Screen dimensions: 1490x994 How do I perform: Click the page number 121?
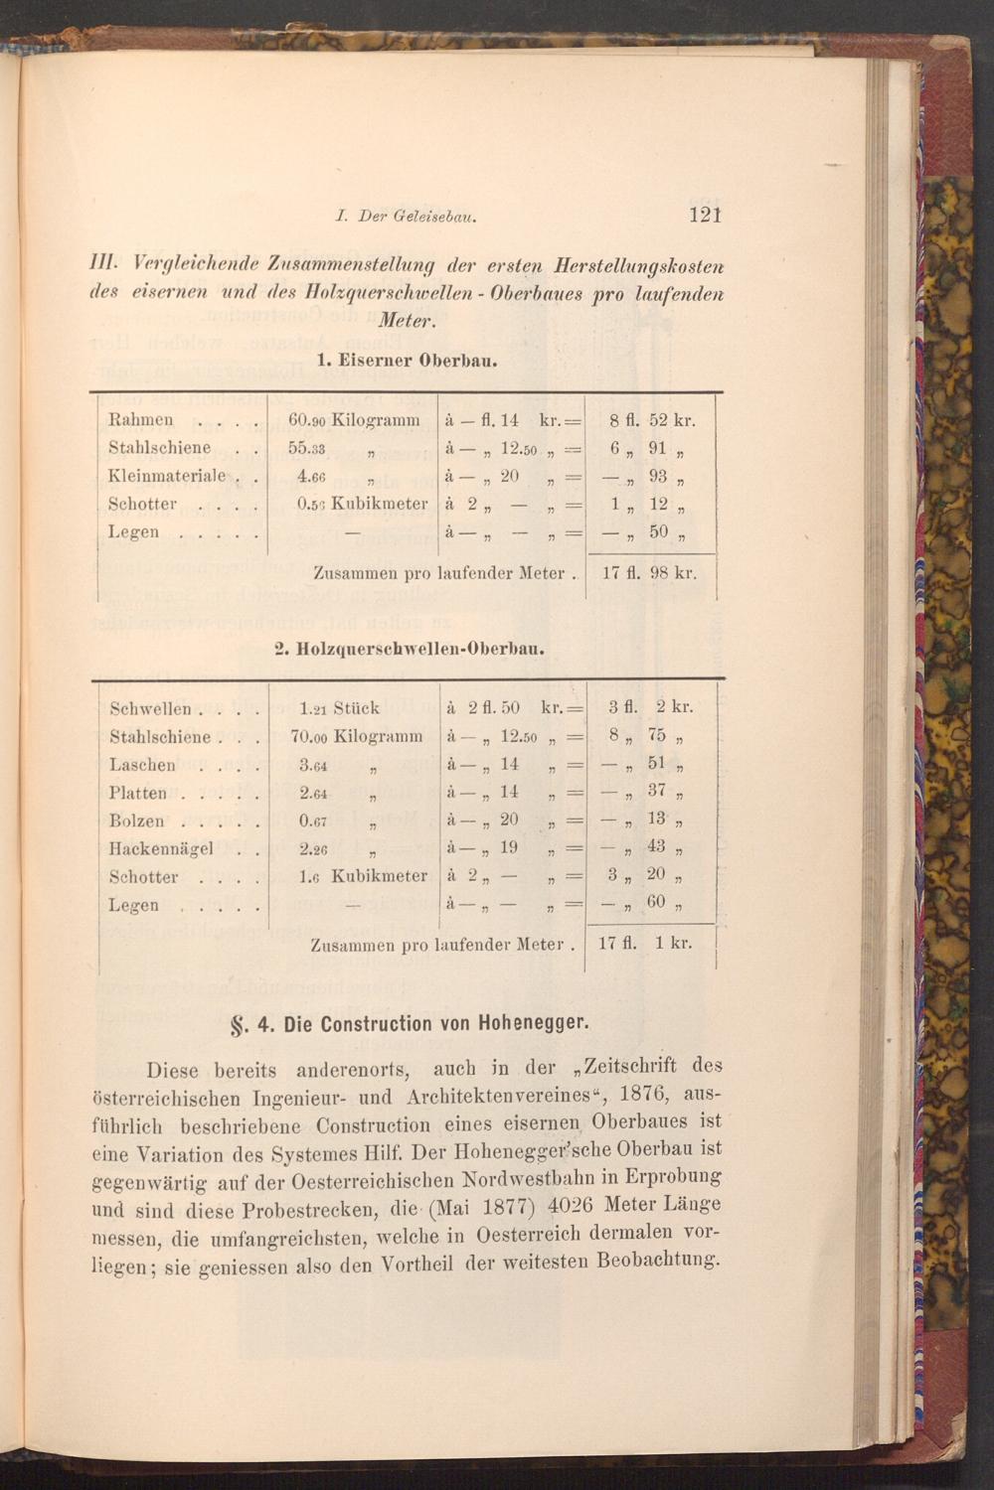[x=703, y=215]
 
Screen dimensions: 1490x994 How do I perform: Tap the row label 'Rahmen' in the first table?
[x=140, y=420]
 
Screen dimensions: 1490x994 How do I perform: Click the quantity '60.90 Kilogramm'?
[x=353, y=420]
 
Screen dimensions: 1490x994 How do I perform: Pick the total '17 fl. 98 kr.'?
[x=649, y=573]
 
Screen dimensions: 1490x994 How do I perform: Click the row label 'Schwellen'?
[x=150, y=709]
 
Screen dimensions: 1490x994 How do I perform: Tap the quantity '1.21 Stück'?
[x=339, y=709]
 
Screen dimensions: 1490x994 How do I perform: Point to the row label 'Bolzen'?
[x=136, y=821]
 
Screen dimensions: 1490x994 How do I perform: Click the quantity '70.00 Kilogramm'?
[x=355, y=737]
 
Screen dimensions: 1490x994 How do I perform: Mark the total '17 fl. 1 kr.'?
[x=645, y=943]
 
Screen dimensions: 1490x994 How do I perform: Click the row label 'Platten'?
[x=138, y=794]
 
